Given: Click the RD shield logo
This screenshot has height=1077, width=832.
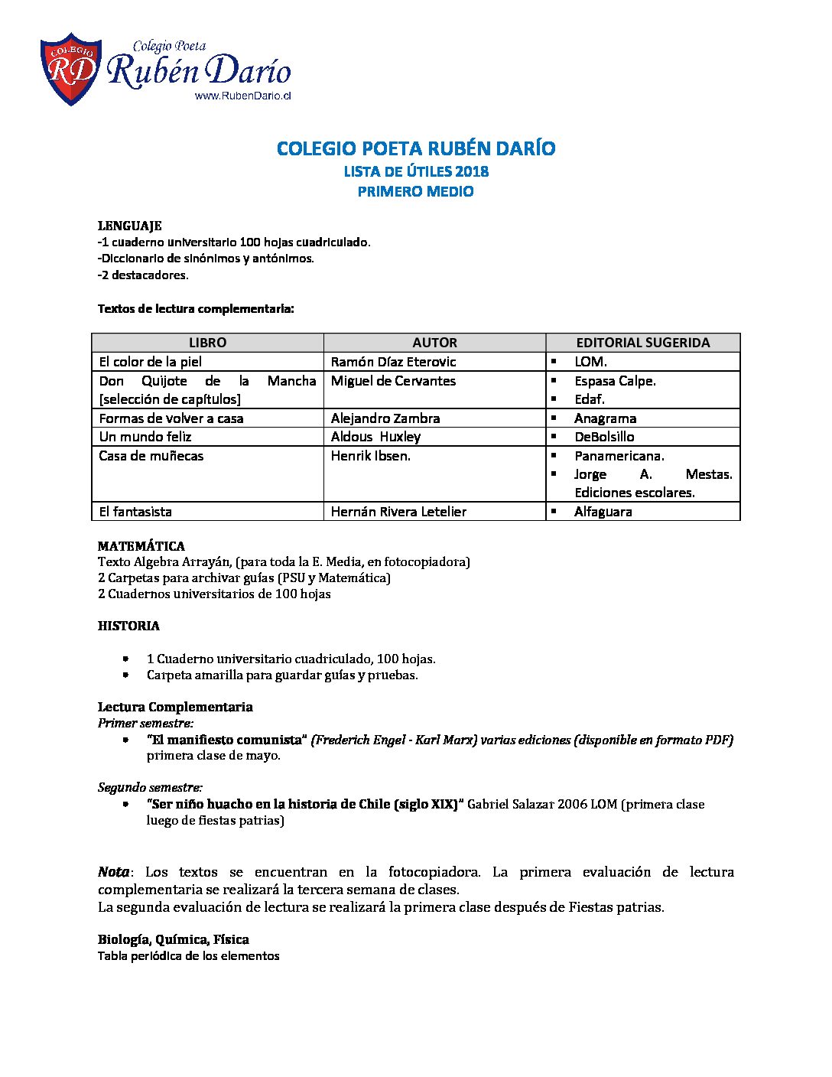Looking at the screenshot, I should tap(70, 69).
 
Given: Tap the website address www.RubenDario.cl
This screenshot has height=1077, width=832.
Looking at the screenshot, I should tap(243, 96).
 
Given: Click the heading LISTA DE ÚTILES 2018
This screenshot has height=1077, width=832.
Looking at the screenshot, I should tap(416, 171).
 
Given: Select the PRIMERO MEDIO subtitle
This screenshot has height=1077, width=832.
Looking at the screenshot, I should tap(416, 191).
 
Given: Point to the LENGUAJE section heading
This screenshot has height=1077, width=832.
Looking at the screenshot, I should tap(129, 226).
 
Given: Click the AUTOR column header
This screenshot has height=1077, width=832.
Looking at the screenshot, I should tap(434, 343).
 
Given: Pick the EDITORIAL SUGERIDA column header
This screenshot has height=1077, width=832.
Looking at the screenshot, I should tap(642, 343).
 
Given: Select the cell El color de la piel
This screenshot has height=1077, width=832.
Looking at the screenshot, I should tap(151, 362).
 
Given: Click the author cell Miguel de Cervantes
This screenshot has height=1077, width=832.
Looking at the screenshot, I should tap(393, 381).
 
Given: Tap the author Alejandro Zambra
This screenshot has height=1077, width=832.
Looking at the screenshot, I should tap(385, 418).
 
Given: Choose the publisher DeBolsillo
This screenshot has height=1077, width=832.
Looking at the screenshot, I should tap(604, 437).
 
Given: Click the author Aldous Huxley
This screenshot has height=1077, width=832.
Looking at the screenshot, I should tap(375, 437).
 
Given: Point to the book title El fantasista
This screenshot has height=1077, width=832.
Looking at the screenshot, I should tap(135, 512).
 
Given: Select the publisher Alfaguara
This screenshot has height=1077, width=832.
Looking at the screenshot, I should tap(603, 512).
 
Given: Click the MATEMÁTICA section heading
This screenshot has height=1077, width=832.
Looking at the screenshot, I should tap(141, 546).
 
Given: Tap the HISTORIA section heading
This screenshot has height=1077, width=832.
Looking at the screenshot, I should tap(128, 626).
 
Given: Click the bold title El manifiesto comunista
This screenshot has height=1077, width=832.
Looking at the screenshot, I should tap(227, 740).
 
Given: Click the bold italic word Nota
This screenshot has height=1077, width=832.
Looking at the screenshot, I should tap(114, 872).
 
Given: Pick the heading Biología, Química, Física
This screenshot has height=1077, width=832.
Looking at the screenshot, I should tap(174, 939).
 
